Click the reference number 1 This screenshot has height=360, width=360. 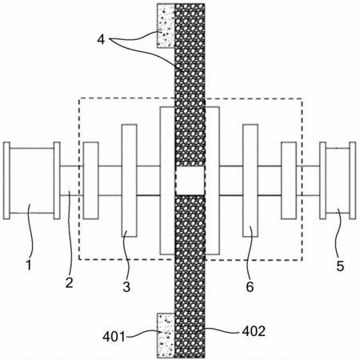coord(29,265)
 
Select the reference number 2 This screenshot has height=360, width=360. coord(69,282)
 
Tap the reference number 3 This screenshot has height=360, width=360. coord(126,286)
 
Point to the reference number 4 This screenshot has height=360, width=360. coord(101,40)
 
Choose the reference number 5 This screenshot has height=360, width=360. coord(340,266)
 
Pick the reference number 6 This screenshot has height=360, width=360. coord(250,286)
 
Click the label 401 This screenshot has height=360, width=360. coord(114,337)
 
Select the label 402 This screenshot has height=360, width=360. coord(254,331)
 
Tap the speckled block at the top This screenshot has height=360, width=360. coord(166,26)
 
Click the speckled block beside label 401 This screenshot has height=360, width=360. coord(166,335)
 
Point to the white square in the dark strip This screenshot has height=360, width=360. coord(190,181)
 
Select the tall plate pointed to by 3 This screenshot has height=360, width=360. coord(130,181)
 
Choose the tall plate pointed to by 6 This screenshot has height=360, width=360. coord(250,181)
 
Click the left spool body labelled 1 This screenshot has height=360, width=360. coord(32,181)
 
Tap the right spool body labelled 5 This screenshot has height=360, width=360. coord(338,181)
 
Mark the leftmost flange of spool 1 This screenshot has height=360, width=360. coord(6,181)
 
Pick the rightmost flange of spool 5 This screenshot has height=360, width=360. coord(353,181)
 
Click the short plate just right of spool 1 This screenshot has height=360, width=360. coord(91,181)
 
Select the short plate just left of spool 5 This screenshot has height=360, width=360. coord(289,181)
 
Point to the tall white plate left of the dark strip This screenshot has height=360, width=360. coord(167,181)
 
